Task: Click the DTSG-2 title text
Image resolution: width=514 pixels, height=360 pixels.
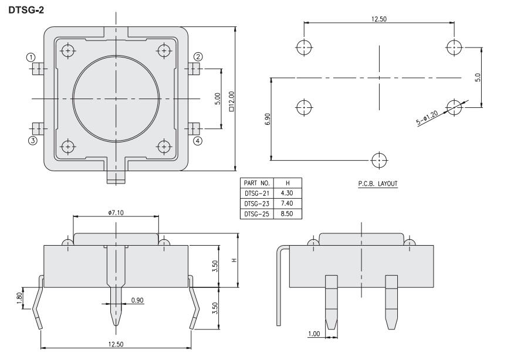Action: point(26,10)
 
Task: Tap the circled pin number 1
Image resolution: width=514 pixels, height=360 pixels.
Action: point(31,57)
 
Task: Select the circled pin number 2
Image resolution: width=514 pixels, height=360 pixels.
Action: point(198,57)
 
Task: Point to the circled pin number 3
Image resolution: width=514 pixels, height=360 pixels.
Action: point(32,141)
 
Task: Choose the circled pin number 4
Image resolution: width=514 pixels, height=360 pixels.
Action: point(198,141)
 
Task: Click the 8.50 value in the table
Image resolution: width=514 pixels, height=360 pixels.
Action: point(287,213)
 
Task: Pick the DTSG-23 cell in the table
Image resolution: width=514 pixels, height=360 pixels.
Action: point(256,204)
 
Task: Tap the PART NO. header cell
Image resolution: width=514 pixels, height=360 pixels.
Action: point(256,183)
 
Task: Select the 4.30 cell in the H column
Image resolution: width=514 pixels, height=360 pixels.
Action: point(287,193)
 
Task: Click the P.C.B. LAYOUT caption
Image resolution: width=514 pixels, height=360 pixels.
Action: point(378,184)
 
